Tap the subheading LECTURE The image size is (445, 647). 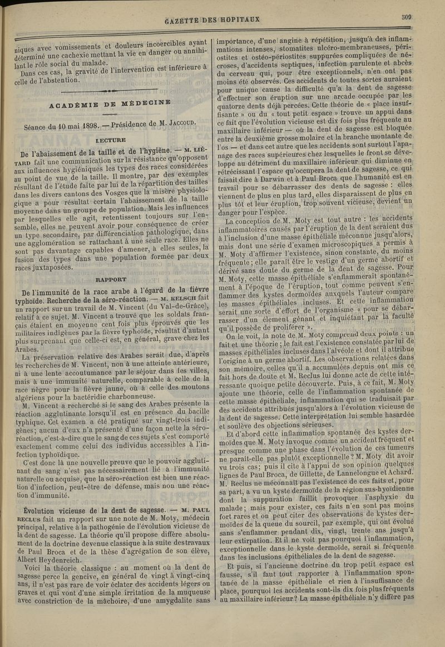(x=111, y=141)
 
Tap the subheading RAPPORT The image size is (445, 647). (x=111, y=279)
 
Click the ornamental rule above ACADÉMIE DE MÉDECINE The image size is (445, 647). (x=111, y=90)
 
